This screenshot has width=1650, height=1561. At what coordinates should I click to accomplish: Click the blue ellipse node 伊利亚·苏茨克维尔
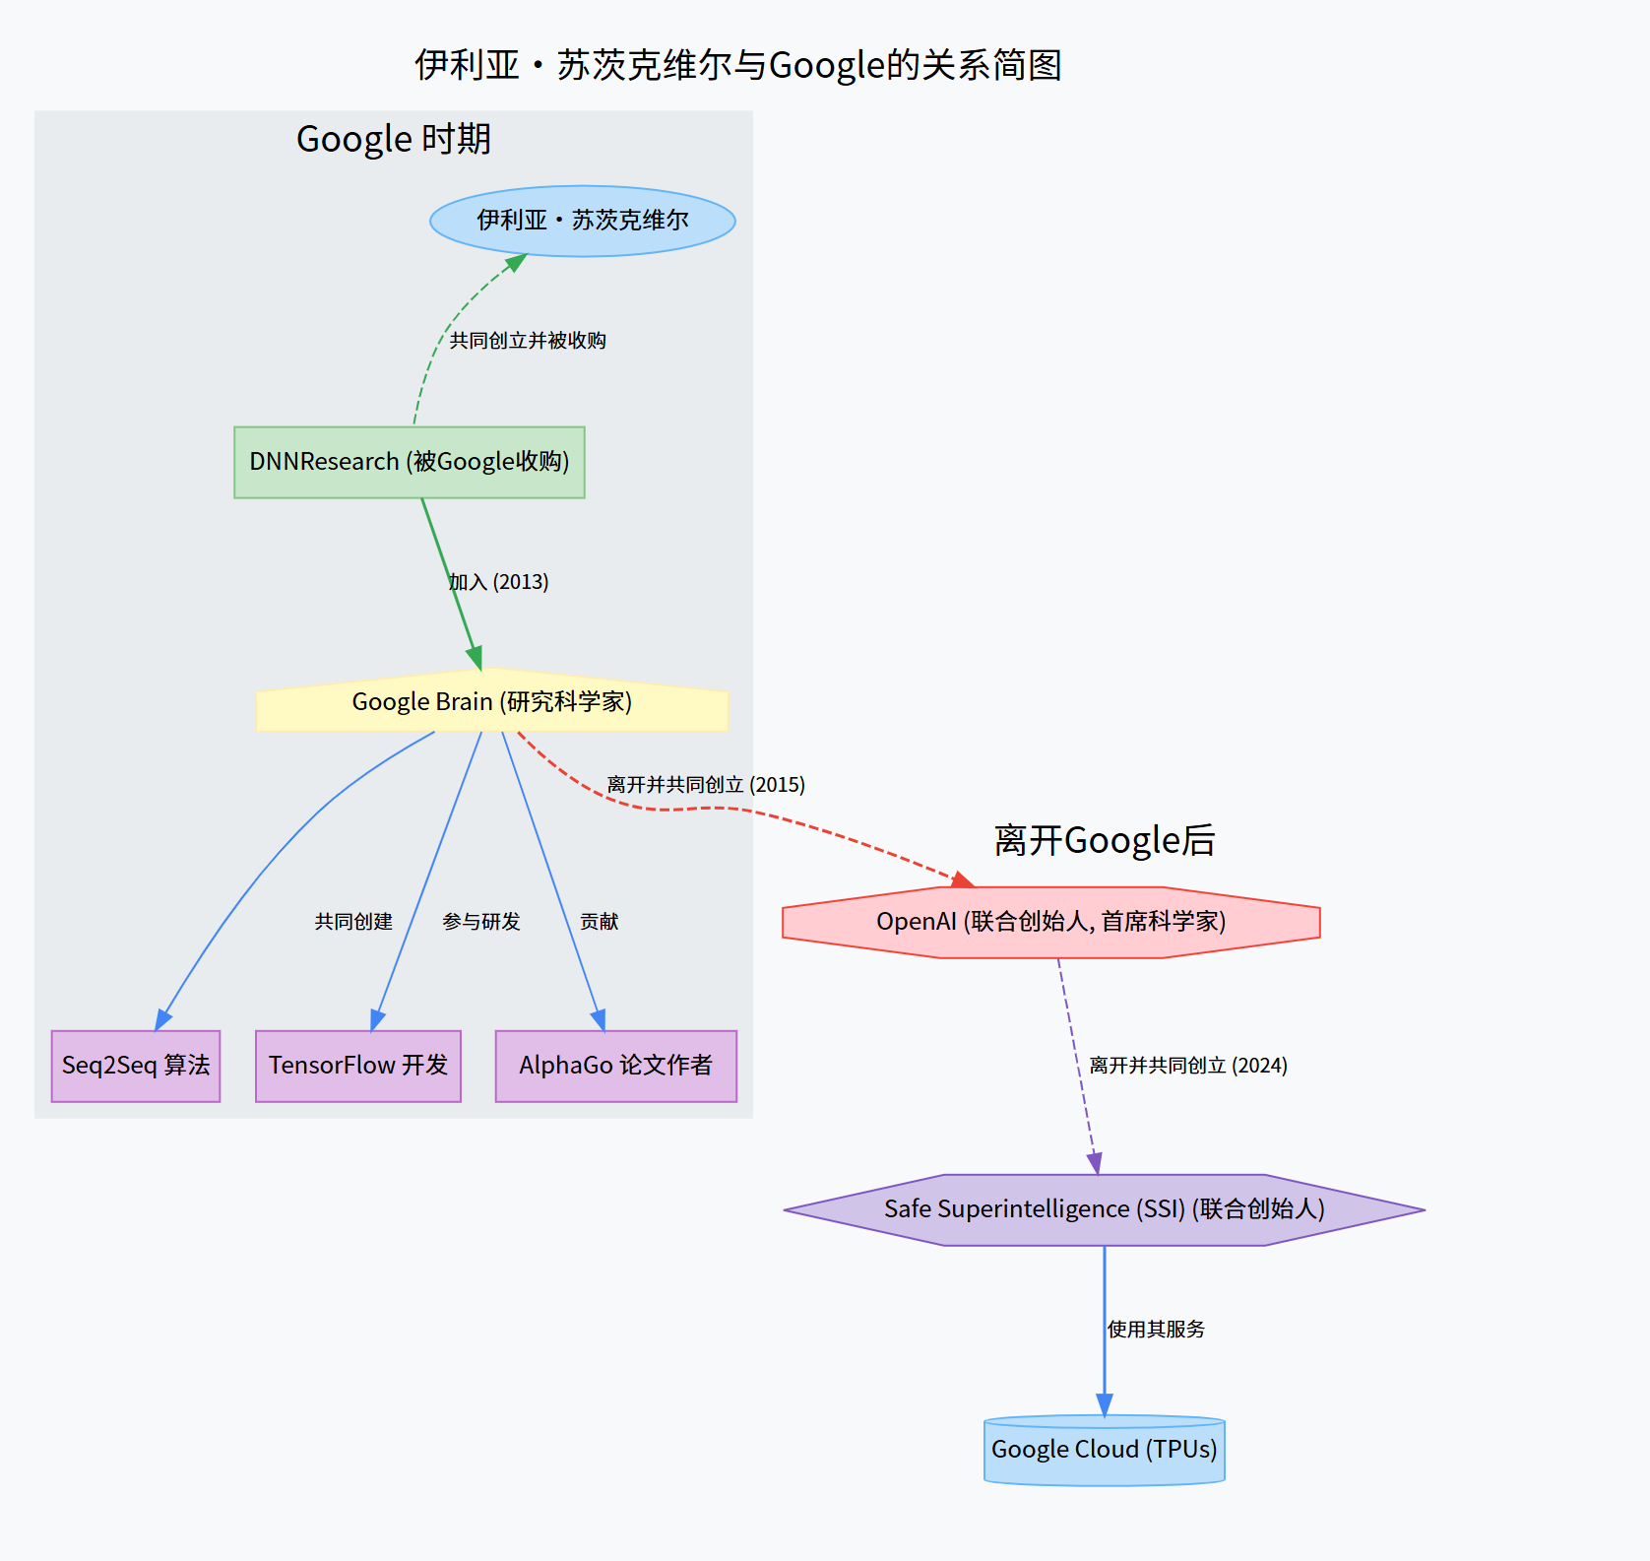pos(583,221)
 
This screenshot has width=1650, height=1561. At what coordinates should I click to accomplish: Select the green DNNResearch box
pos(410,462)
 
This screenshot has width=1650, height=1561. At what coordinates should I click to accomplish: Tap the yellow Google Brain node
pos(492,701)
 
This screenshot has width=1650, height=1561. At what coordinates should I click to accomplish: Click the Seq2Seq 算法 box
pos(136,1066)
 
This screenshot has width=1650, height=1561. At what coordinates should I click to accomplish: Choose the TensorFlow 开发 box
pos(358,1066)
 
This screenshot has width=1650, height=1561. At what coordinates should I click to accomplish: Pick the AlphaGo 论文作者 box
pos(616,1066)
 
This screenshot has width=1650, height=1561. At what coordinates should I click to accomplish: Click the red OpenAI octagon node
pos(1051,922)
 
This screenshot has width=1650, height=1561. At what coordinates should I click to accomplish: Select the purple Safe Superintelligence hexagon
pos(1105,1209)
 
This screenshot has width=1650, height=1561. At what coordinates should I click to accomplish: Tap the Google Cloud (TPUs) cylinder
pos(1105,1450)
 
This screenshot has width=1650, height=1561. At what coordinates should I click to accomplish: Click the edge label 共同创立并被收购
pos(528,341)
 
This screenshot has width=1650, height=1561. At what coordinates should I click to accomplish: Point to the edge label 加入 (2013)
pos(498,582)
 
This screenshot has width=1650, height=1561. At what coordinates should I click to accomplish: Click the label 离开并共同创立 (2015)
pos(706,785)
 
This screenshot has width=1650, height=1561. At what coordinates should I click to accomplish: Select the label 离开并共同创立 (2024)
pos(1188,1066)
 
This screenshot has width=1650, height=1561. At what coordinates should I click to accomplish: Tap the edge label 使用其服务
pos(1156,1330)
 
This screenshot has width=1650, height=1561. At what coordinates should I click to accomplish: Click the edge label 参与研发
pos(481,922)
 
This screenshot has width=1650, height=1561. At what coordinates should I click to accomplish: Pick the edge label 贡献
pos(600,922)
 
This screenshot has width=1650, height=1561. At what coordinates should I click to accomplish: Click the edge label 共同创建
pos(353,922)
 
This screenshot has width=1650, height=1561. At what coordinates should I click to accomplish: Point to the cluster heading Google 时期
pos(394,139)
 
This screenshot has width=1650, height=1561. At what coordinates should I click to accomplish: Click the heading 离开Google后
pos(1105,840)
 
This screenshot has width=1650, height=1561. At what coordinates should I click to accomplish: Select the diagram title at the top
pos(738,65)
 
